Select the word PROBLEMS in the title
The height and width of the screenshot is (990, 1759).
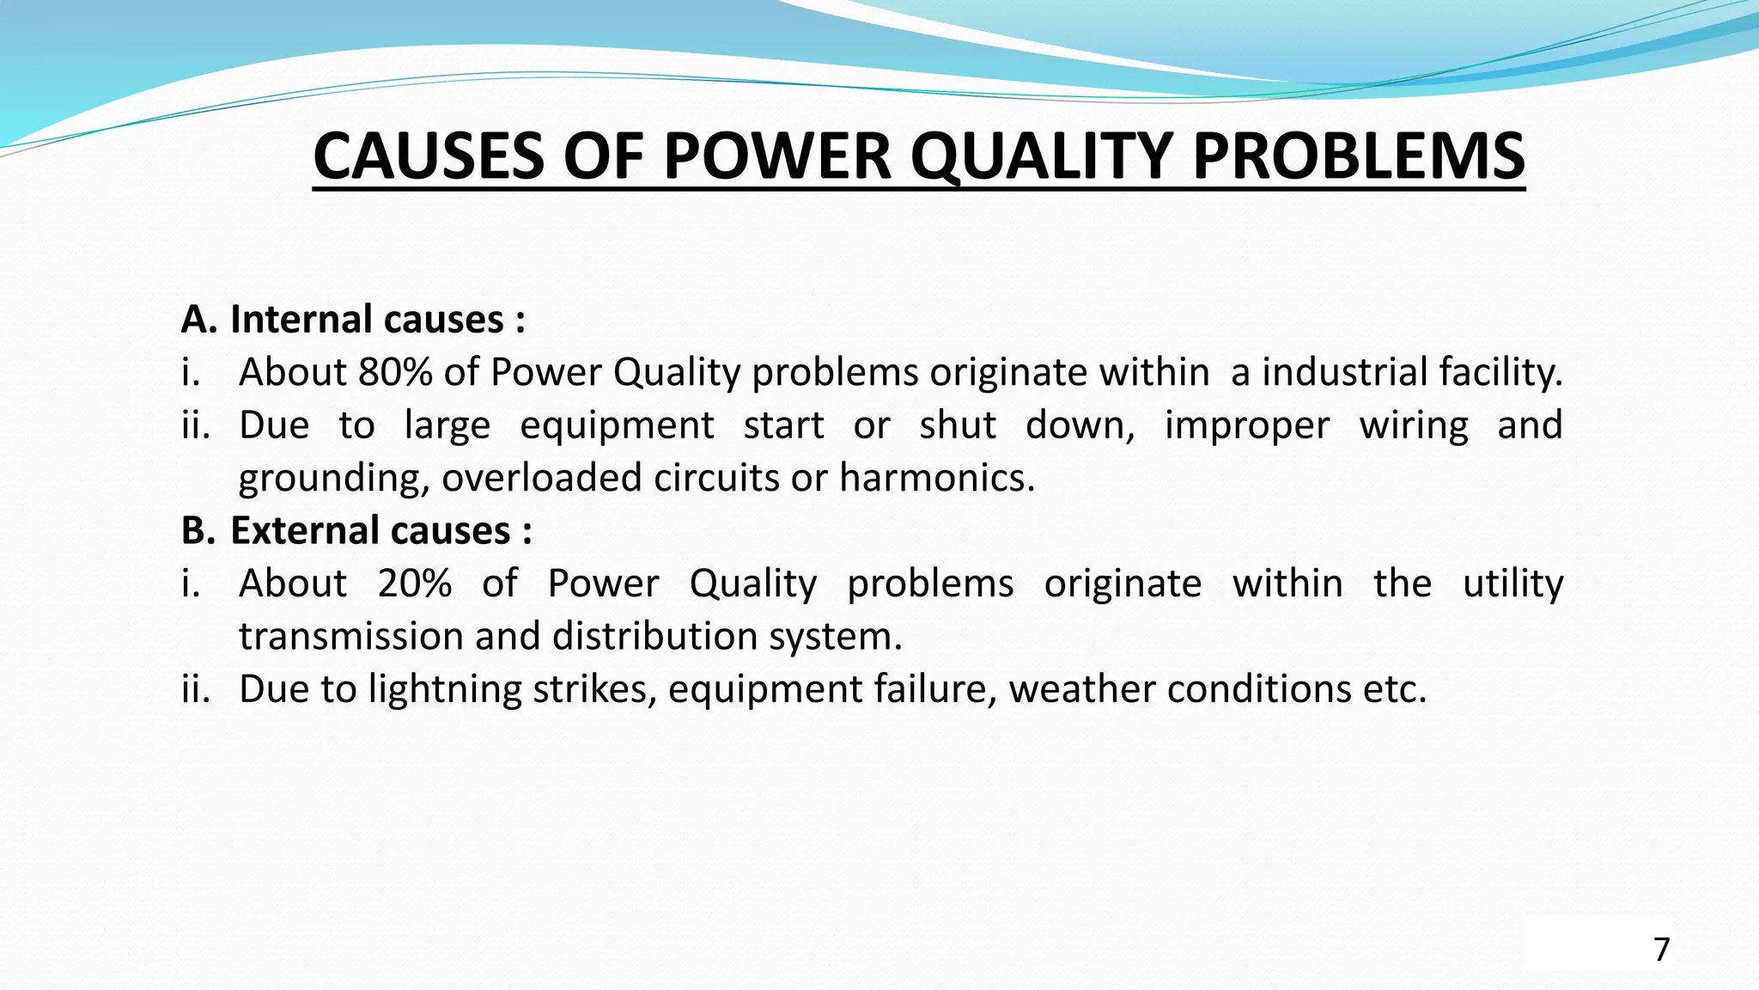click(x=1358, y=156)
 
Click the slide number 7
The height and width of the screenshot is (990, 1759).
click(x=1661, y=950)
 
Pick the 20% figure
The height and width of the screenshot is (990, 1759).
click(x=414, y=584)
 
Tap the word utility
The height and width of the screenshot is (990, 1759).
click(x=1512, y=584)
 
